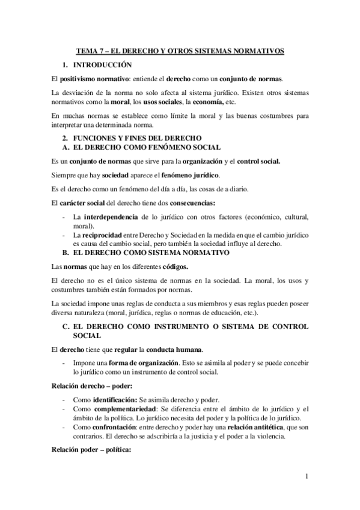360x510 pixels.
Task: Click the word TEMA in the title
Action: [93, 52]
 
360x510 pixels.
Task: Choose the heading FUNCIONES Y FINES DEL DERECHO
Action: [133, 138]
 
